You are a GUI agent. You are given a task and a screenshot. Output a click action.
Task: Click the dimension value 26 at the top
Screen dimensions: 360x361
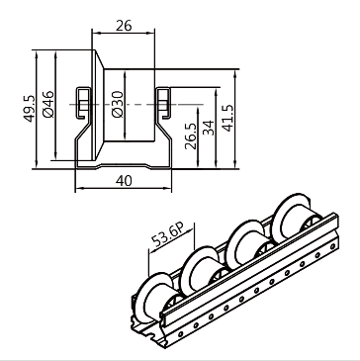tap(124, 26)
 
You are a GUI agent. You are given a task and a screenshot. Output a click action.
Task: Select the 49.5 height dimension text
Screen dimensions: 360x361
tap(29, 109)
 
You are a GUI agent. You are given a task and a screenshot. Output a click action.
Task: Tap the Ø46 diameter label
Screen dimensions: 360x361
tap(48, 104)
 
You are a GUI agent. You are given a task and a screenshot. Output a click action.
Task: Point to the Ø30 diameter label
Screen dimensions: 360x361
tap(118, 104)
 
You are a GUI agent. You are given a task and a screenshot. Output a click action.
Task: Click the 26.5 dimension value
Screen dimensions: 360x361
tap(190, 135)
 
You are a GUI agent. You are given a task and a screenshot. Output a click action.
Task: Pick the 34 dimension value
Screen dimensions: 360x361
tap(209, 128)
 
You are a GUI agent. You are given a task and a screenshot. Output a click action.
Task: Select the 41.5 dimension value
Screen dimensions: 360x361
tap(227, 118)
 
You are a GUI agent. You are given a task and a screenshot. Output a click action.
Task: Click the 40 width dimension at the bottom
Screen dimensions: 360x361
tap(124, 181)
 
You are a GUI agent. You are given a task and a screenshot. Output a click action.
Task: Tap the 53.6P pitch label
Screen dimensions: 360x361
tap(168, 235)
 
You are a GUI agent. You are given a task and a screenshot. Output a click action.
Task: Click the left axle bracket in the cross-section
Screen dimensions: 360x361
tap(84, 103)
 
